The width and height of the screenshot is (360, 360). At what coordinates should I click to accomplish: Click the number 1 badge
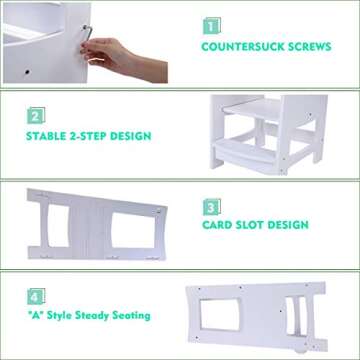click(x=212, y=24)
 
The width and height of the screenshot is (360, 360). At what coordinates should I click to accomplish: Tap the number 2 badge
click(x=34, y=114)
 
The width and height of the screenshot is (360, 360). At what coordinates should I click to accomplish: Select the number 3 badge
click(x=212, y=208)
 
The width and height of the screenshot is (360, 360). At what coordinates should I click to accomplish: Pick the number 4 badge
click(x=34, y=297)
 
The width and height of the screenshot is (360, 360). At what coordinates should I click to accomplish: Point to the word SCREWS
click(x=311, y=46)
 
